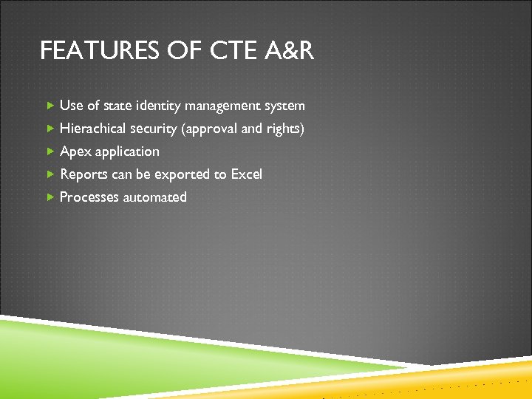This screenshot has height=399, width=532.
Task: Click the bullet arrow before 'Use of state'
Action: pyautogui.click(x=50, y=106)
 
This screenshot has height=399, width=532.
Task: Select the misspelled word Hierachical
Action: pyautogui.click(x=93, y=129)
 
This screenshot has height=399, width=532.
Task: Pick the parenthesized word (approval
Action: pyautogui.click(x=211, y=129)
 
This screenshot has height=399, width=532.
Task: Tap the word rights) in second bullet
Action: pyautogui.click(x=284, y=129)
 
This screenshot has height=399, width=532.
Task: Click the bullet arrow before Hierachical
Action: pyautogui.click(x=50, y=129)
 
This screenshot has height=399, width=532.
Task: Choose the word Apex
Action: pyautogui.click(x=75, y=151)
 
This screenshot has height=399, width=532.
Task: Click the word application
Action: pyautogui.click(x=127, y=152)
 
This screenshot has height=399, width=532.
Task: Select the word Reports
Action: pyautogui.click(x=83, y=174)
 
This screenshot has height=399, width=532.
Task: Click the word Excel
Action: pyautogui.click(x=246, y=174)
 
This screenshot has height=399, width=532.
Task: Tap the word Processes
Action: pyautogui.click(x=89, y=197)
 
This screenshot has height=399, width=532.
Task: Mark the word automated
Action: pyautogui.click(x=155, y=197)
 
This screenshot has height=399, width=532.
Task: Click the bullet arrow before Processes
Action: pyautogui.click(x=50, y=197)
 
